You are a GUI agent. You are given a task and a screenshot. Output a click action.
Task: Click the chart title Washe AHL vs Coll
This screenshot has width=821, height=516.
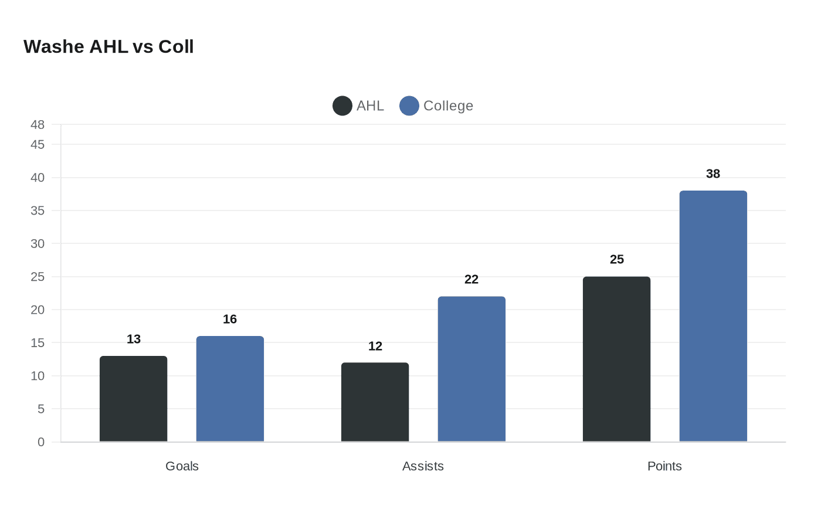coord(108,47)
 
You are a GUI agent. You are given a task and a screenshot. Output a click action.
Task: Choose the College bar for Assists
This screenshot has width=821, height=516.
coord(471,369)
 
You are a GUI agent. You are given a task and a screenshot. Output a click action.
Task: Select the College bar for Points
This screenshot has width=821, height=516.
coord(713,316)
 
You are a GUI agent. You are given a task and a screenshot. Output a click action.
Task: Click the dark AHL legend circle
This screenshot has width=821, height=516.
coord(342,106)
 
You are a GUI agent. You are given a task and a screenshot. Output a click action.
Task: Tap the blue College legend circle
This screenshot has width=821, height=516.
coord(409,106)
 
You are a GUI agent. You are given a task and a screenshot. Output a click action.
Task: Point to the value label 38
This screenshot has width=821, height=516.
coord(713,174)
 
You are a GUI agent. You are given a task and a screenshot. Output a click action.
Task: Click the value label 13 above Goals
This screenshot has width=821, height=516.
coord(134,340)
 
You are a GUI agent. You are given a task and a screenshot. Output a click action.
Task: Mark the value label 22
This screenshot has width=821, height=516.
coord(471,280)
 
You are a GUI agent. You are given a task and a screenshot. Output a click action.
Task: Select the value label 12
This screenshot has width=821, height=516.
coord(375,347)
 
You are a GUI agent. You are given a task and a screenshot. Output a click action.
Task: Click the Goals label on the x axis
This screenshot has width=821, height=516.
coord(182,466)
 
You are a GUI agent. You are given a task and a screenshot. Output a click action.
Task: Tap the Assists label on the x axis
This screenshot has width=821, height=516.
coord(423,466)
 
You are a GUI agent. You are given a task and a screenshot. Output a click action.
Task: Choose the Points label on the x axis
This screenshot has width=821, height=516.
coord(664,466)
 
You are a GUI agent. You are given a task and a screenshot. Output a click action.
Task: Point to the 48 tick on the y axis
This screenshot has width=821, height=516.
coord(38,125)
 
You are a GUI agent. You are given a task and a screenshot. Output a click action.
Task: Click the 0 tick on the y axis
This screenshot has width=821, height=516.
coord(41,442)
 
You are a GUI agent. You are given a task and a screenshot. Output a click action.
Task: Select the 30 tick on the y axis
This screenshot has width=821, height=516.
coord(38,243)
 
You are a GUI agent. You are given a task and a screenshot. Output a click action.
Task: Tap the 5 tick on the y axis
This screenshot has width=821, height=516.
coord(41,409)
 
